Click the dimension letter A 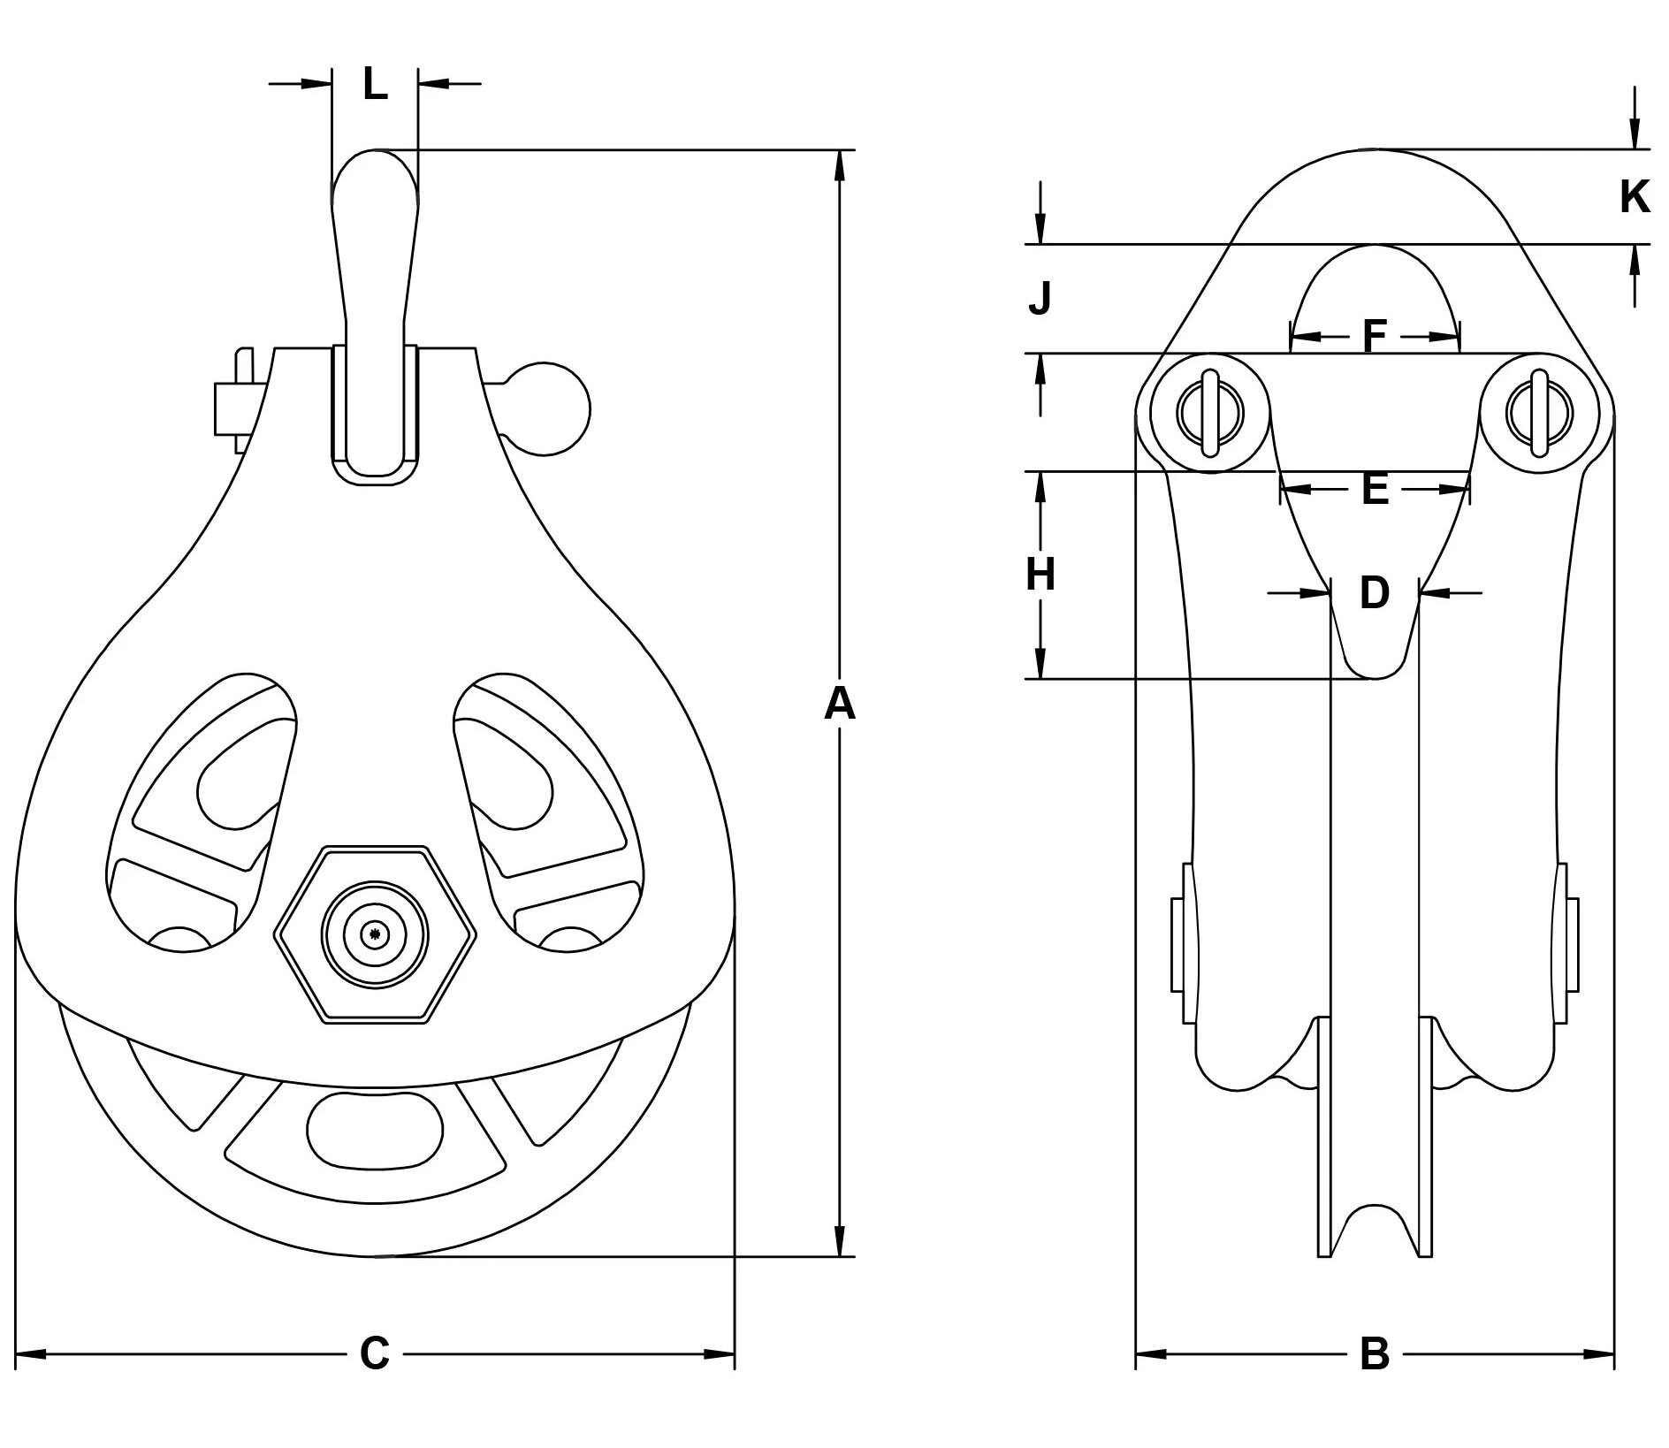pyautogui.click(x=840, y=705)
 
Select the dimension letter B pyautogui.click(x=1375, y=1353)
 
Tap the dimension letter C pyautogui.click(x=374, y=1353)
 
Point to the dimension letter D pyautogui.click(x=1375, y=592)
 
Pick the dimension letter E pyautogui.click(x=1375, y=488)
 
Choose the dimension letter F pyautogui.click(x=1375, y=336)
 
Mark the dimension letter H pyautogui.click(x=1040, y=575)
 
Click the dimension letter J pyautogui.click(x=1040, y=298)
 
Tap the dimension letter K pyautogui.click(x=1635, y=196)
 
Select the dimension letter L pyautogui.click(x=375, y=85)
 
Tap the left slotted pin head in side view pyautogui.click(x=1210, y=412)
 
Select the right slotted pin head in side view pyautogui.click(x=1540, y=412)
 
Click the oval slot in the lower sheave pyautogui.click(x=375, y=1130)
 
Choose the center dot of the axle pyautogui.click(x=376, y=934)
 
